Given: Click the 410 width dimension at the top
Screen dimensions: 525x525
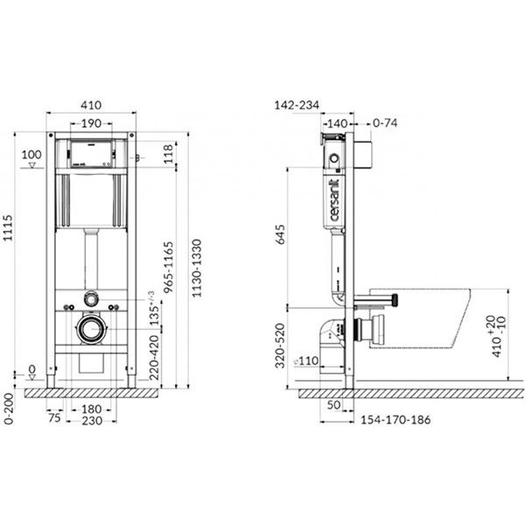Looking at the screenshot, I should pos(91,101).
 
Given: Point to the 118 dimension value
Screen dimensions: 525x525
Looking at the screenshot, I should pos(169,155).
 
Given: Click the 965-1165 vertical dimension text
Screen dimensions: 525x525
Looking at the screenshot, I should pos(169,267).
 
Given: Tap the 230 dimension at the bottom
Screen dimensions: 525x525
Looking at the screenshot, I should pos(90,420).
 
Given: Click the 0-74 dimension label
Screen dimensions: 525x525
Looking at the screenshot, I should pos(385,123).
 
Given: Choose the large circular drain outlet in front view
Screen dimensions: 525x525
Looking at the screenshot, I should pos(90,330).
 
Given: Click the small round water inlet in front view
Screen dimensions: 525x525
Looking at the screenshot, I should pos(90,299).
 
